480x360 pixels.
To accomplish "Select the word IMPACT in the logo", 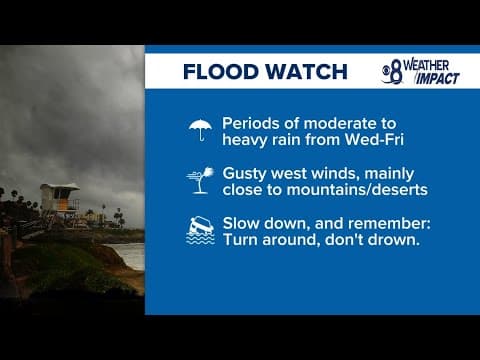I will [438, 78].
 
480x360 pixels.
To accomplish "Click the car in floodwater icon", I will [201, 231].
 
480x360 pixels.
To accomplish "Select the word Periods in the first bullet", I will [249, 120].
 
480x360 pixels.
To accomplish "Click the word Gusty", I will [246, 172].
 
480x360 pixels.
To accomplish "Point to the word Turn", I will [241, 241].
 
